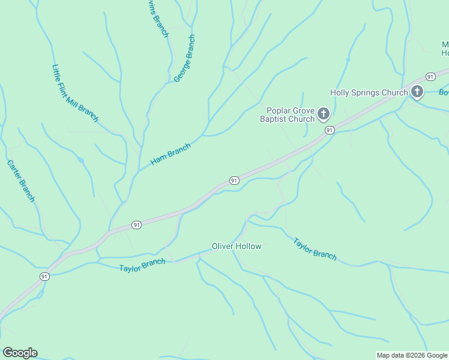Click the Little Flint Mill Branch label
(x=75, y=94)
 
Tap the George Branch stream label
(x=184, y=58)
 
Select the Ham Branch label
(x=170, y=154)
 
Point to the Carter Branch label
(x=21, y=181)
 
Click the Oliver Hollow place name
(x=237, y=246)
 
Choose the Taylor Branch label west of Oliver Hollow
(x=142, y=265)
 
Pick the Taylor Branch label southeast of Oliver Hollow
(x=315, y=248)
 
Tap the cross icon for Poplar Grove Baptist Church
(x=324, y=113)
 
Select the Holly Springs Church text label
(x=369, y=92)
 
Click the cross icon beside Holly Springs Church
(x=417, y=92)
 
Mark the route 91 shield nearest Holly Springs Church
(x=430, y=76)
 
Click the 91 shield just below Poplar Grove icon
(x=329, y=130)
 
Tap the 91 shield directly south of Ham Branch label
(x=234, y=180)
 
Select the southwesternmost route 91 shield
(x=44, y=276)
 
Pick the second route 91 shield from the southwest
(x=137, y=225)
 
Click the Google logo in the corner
(x=20, y=353)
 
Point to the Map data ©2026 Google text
(x=412, y=355)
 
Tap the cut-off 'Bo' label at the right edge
(x=444, y=92)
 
